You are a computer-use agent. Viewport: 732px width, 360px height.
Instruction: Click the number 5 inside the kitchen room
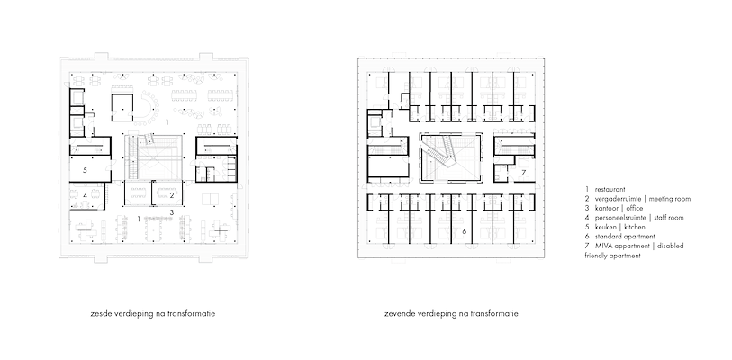point(85,170)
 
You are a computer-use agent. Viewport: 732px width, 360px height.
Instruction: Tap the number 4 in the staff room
point(85,195)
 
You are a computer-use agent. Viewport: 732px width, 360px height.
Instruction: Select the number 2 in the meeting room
point(172,195)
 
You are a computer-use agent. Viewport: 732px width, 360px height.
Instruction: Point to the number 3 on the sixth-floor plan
point(172,212)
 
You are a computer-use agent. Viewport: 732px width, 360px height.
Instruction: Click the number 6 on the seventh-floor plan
point(465,231)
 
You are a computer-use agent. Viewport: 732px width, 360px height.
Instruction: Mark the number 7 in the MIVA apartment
point(524,173)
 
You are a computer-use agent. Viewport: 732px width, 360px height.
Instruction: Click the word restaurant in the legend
point(610,190)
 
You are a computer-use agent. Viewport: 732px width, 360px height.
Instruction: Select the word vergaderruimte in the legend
point(618,199)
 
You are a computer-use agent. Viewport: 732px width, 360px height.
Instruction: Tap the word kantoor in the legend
point(607,208)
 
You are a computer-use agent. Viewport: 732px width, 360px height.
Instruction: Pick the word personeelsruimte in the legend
point(620,218)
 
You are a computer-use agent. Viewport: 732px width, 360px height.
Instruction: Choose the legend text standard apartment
point(625,237)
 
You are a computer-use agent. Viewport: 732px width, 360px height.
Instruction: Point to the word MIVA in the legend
point(603,246)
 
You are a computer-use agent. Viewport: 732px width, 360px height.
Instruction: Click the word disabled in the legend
point(671,246)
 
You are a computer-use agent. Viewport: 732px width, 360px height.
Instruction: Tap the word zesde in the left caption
point(99,314)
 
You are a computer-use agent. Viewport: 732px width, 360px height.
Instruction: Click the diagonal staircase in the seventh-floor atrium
point(438,153)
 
